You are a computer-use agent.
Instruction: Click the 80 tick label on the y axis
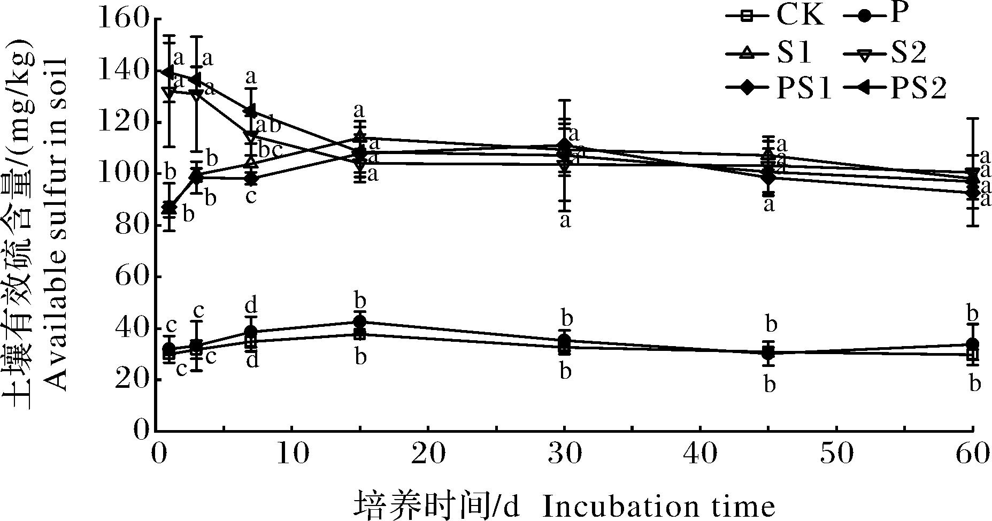click(x=129, y=225)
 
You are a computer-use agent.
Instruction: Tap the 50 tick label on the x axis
click(x=836, y=455)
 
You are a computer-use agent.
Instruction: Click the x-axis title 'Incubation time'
click(x=658, y=505)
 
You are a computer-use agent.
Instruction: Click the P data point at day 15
click(x=360, y=322)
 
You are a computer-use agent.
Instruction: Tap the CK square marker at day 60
click(x=973, y=355)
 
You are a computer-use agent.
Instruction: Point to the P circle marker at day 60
click(x=973, y=344)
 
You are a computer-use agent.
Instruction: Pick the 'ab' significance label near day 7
click(x=268, y=125)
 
